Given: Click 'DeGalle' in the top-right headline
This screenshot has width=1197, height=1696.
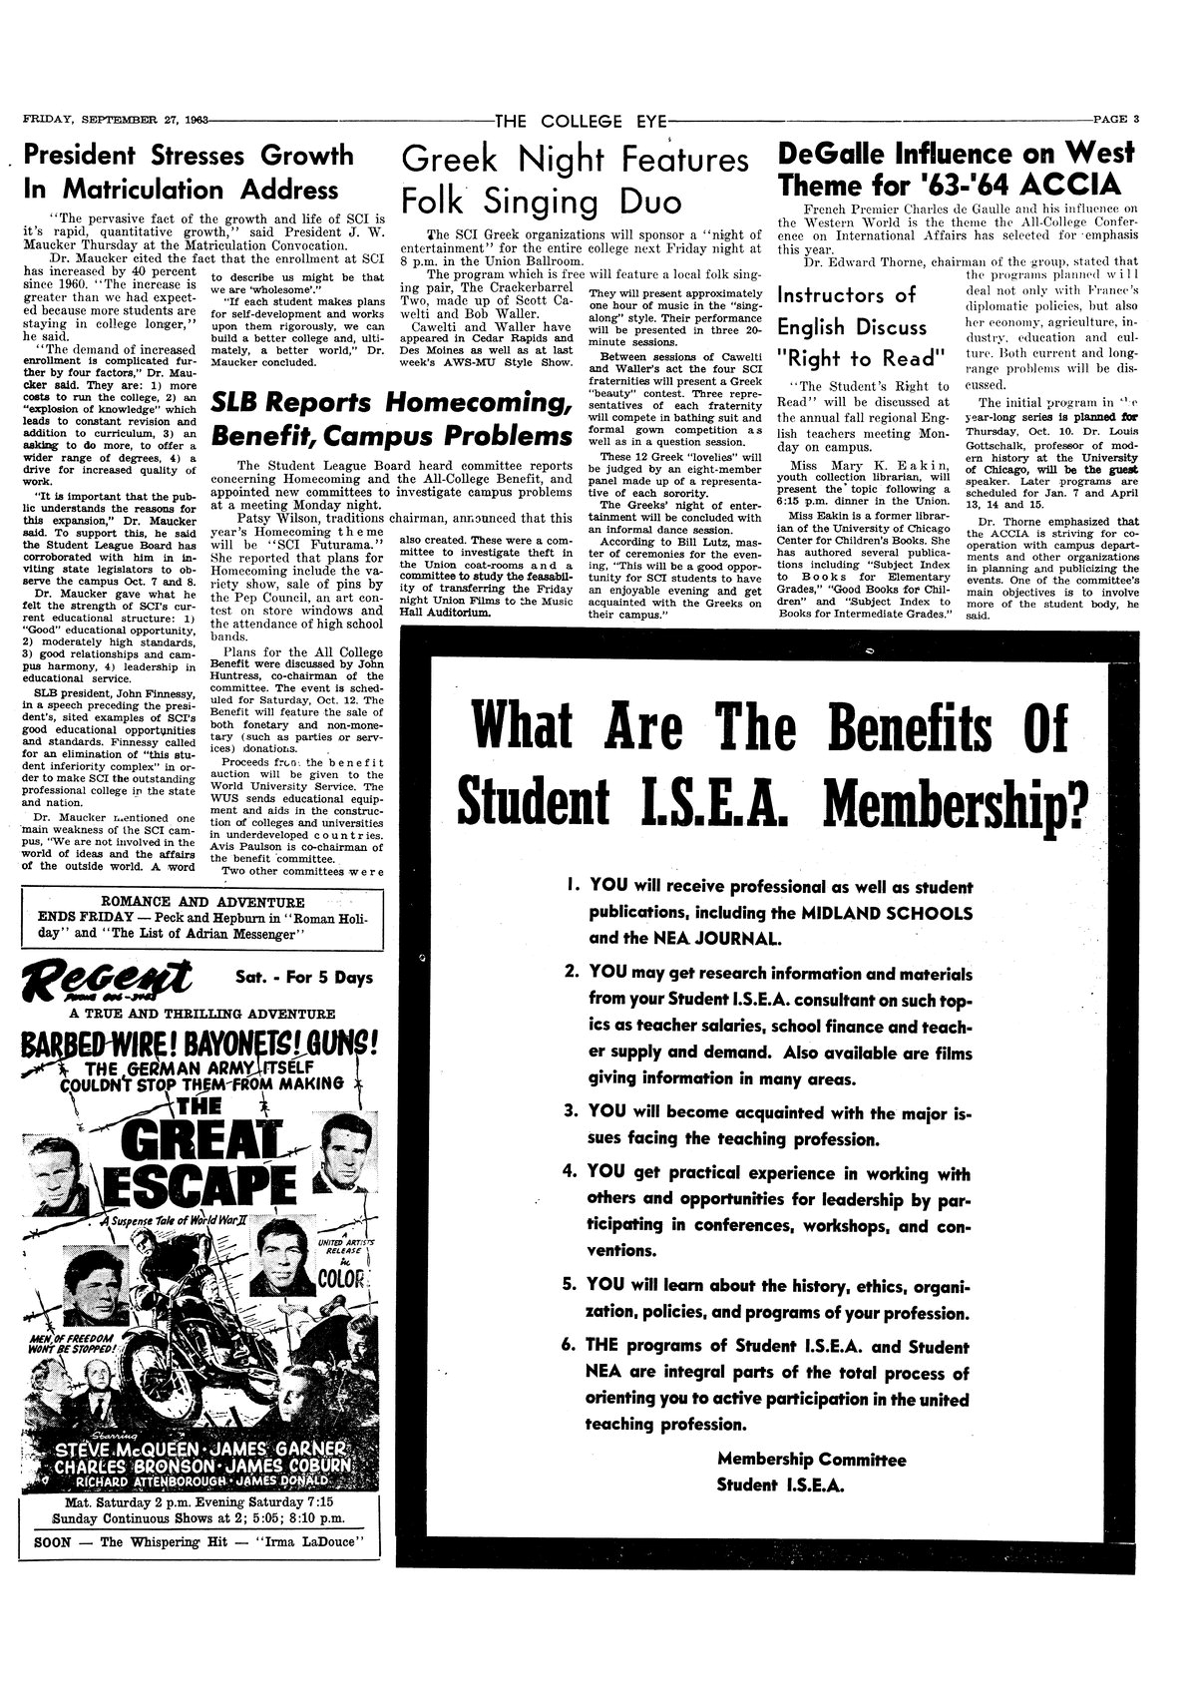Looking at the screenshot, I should [x=838, y=154].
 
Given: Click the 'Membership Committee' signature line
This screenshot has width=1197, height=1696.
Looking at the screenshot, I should [x=811, y=1460].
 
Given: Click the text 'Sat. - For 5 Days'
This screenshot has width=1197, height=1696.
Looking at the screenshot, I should [x=303, y=978].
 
